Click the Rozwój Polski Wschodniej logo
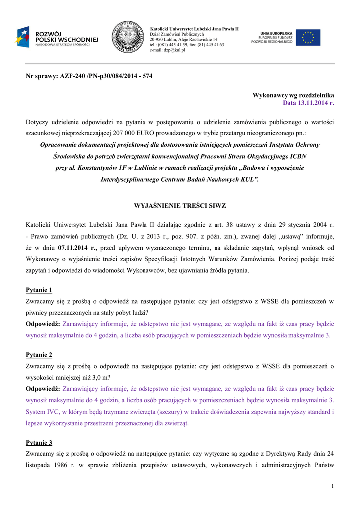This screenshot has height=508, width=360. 57,37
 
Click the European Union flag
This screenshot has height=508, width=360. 308,37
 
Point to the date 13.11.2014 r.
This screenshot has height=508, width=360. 308,103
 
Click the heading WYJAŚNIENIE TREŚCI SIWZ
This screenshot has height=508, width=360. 180,205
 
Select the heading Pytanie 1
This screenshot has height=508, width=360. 39,290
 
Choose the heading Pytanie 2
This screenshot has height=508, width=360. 39,355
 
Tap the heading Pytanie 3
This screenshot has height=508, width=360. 39,442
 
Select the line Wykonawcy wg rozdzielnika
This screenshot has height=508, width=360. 293,95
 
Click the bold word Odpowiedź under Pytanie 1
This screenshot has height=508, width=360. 43,324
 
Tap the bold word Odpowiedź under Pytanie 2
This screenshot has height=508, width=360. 43,389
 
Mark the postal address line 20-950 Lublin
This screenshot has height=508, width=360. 183,39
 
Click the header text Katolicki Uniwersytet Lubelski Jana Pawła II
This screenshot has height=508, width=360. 194,29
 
